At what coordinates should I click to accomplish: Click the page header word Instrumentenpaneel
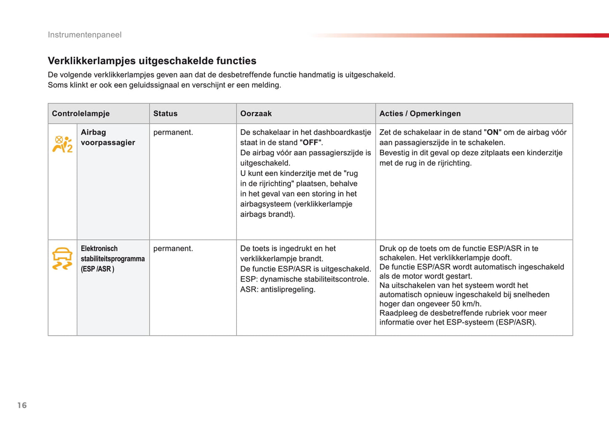pos(84,35)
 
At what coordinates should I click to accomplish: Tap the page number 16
pos(22,406)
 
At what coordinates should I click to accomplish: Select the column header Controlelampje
pos(80,114)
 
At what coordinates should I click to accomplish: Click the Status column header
pos(165,114)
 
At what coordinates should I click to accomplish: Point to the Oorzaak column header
pos(256,114)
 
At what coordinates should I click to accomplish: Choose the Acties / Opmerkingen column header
pos(420,114)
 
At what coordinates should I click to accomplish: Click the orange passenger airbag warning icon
pos(62,143)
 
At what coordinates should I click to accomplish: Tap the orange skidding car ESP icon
pos(62,258)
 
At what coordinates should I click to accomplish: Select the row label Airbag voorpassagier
pos(108,138)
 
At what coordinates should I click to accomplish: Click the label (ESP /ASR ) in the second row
pos(97,269)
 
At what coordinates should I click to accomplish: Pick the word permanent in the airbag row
pos(173,133)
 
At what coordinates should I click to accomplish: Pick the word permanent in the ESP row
pos(173,249)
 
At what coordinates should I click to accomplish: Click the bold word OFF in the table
pos(311,143)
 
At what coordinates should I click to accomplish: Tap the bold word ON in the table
pos(493,133)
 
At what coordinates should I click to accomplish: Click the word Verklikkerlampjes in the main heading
pos(92,61)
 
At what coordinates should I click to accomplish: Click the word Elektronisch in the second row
pos(99,249)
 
